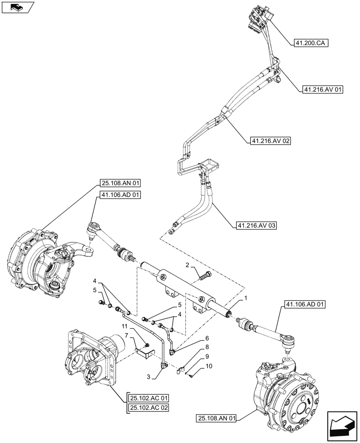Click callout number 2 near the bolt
coord(188,265)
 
